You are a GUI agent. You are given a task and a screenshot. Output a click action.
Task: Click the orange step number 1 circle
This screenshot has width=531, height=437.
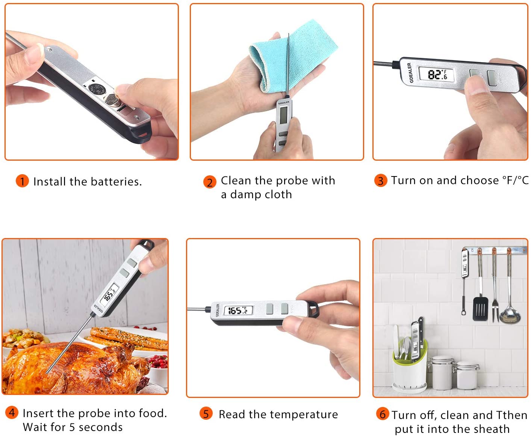point(22,181)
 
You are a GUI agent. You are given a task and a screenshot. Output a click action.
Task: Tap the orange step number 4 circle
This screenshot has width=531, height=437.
point(12,413)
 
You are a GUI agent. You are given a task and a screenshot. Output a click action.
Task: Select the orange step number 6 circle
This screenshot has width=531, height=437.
point(382,414)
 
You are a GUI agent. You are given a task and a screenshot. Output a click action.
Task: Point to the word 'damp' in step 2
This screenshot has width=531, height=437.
point(246,194)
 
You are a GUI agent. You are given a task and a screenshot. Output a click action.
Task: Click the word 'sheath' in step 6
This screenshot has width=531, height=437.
point(490,429)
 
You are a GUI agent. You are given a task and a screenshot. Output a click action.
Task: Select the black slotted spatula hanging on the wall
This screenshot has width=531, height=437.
point(480,308)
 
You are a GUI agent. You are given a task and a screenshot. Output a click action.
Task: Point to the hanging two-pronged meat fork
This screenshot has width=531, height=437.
point(495,300)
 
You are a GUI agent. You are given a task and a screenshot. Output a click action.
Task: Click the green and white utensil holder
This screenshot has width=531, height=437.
point(410,368)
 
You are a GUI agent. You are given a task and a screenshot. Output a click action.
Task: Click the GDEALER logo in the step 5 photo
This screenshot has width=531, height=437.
point(218,310)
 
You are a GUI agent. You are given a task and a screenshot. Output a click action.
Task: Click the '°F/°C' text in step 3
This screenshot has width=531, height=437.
point(515,181)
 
